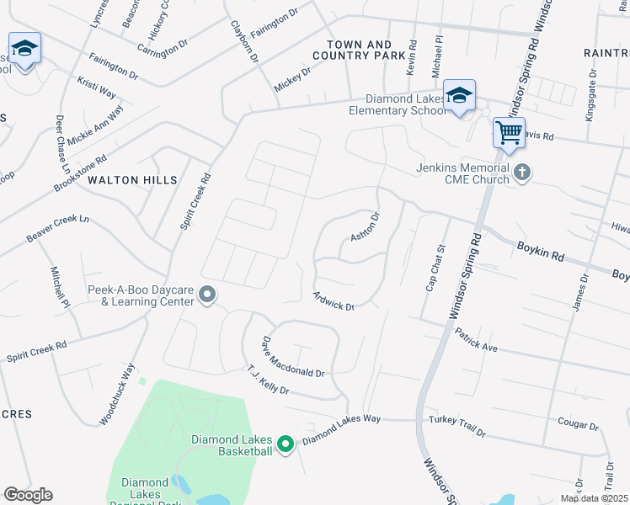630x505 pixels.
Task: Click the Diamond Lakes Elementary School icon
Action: point(459,95)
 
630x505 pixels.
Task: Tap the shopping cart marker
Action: point(509,132)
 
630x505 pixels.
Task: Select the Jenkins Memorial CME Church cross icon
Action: point(522,173)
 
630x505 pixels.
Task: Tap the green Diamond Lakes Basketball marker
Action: point(286,444)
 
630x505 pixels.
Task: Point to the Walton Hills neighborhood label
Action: point(133,180)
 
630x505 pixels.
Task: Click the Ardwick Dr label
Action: point(334,300)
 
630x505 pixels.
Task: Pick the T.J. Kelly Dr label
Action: point(268,380)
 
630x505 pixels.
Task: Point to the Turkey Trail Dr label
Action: point(456,427)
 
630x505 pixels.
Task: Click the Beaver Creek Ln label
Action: point(57,229)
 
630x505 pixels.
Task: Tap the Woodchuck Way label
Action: point(117,393)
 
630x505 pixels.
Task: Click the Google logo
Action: point(28,495)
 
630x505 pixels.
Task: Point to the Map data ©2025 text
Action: point(594,498)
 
